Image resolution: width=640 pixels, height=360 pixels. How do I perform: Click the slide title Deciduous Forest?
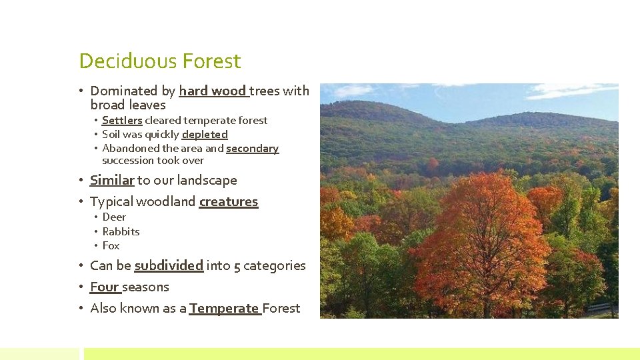159,61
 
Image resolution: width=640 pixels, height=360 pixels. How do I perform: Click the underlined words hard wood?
213,91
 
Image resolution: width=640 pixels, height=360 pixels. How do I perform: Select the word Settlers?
122,121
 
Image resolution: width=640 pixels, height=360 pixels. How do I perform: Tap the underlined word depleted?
205,135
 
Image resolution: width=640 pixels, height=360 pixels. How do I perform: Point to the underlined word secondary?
252,149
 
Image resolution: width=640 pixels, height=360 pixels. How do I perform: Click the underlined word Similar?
112,180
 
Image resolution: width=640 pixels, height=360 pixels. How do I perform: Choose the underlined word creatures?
228,201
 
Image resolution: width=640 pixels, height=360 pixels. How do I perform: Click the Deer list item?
114,217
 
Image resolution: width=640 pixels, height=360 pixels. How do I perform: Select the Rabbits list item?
121,231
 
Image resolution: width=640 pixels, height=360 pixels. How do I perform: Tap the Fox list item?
111,245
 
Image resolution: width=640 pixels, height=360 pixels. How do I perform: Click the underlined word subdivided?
169,265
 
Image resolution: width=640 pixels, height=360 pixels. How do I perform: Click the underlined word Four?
104,287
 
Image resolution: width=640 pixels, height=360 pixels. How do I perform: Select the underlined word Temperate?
224,308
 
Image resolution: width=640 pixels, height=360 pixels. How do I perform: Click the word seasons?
145,287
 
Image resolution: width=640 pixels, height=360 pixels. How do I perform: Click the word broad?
107,105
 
